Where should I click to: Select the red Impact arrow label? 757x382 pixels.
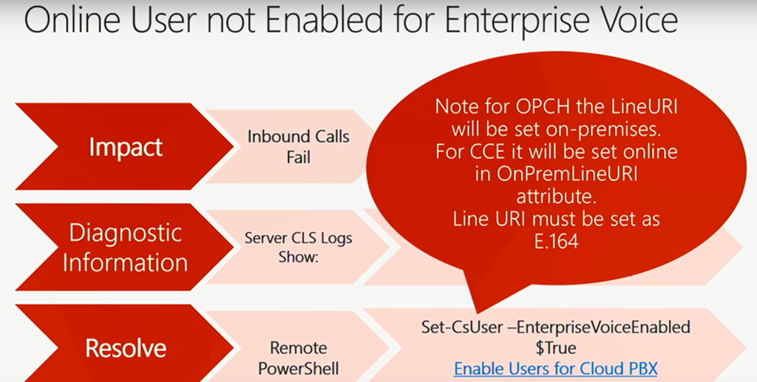pyautogui.click(x=126, y=147)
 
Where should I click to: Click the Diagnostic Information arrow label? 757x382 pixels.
pyautogui.click(x=126, y=248)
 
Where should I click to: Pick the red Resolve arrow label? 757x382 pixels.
pyautogui.click(x=126, y=347)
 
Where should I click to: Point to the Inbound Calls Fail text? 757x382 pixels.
pyautogui.click(x=299, y=146)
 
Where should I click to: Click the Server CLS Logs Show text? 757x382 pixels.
pyautogui.click(x=299, y=247)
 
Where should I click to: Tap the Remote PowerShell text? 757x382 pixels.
pyautogui.click(x=299, y=358)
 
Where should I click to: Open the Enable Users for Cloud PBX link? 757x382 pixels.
pyautogui.click(x=556, y=369)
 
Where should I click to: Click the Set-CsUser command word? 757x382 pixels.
pyautogui.click(x=462, y=327)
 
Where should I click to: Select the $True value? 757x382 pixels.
pyautogui.click(x=556, y=348)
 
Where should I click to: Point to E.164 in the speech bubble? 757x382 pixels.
pyautogui.click(x=557, y=241)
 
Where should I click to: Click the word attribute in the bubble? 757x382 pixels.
pyautogui.click(x=557, y=197)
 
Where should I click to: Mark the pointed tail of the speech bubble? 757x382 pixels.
pyautogui.click(x=478, y=312)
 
